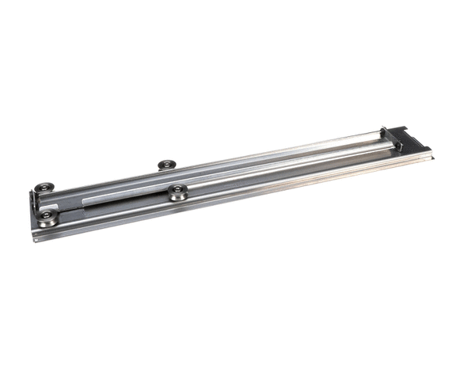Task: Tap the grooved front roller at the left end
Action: coord(48,217)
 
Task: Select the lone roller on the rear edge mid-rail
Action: coord(166,165)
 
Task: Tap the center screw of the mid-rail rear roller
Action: coord(166,163)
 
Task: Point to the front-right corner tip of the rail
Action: coord(433,157)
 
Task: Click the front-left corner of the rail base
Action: coord(35,238)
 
